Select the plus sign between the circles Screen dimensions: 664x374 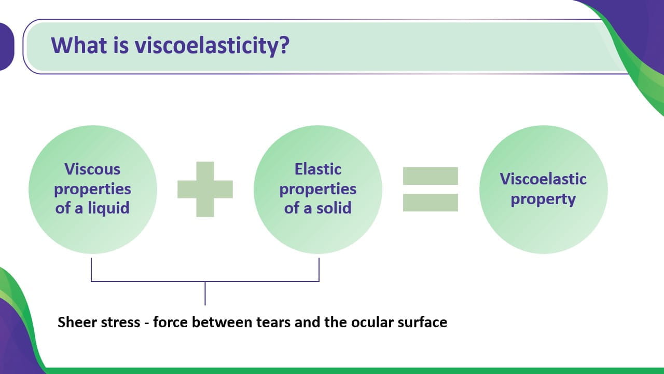tap(205, 190)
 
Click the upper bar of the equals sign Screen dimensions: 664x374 tap(431, 176)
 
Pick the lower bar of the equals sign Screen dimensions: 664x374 tap(431, 203)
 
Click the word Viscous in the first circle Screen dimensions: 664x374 tap(92, 169)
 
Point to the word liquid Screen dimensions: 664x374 tap(108, 208)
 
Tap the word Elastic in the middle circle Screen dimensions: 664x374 tap(318, 169)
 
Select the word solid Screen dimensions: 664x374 tap(334, 208)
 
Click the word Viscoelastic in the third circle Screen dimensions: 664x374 tap(543, 179)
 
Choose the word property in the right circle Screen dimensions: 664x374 tap(543, 199)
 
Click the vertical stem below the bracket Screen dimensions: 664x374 tap(205, 293)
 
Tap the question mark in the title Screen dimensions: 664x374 tap(284, 45)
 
